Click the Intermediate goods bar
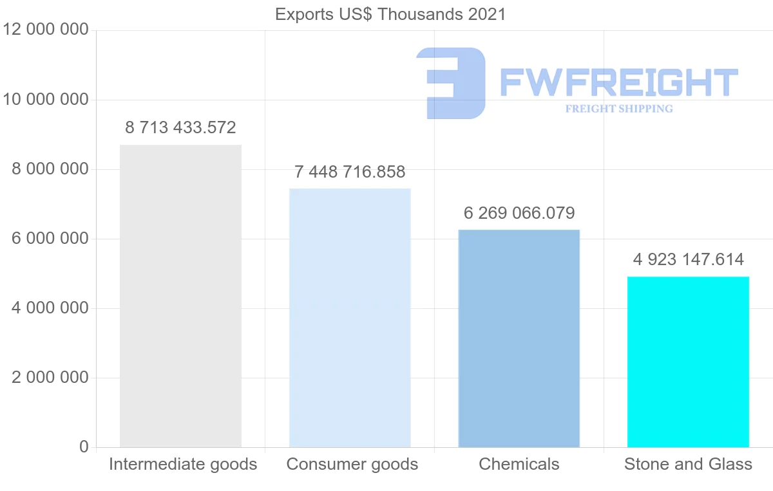(180, 296)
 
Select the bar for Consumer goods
(350, 318)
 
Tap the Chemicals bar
(519, 338)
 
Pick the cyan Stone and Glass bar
(688, 362)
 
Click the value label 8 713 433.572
(180, 128)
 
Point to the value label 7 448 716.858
(350, 172)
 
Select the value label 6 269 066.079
(519, 213)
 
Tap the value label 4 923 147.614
(688, 260)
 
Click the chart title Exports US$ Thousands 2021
(390, 14)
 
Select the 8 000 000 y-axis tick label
(50, 169)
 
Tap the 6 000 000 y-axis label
(50, 239)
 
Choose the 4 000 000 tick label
(50, 308)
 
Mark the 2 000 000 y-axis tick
(50, 378)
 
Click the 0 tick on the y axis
(84, 447)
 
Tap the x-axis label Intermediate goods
(183, 464)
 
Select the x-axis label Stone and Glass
(688, 464)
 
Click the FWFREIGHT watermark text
(618, 82)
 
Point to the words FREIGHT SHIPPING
(619, 109)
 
